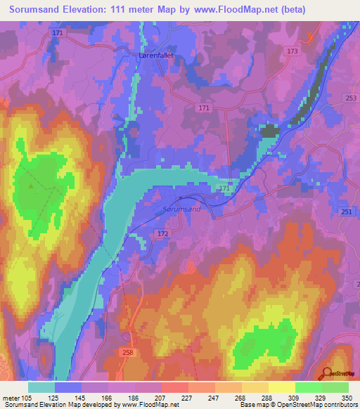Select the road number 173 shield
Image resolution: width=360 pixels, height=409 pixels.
292,52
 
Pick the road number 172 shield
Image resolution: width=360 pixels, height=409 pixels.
163,233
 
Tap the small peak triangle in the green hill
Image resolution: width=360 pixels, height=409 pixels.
30,186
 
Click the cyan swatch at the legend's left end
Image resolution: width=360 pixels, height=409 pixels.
41,387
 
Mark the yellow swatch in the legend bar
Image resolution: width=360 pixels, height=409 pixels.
281,387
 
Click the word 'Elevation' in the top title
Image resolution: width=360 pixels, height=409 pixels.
90,11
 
